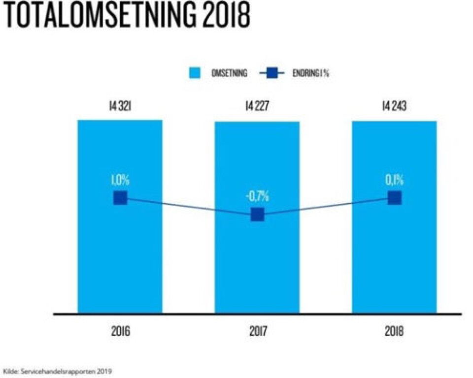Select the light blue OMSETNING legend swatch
click(x=196, y=73)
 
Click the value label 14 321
click(x=120, y=106)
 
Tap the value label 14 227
click(x=257, y=106)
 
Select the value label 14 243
click(x=394, y=106)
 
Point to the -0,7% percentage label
click(x=257, y=196)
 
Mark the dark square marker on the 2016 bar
click(x=120, y=198)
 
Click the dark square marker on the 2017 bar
click(x=257, y=215)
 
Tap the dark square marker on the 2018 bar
click(x=394, y=198)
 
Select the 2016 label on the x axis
click(x=120, y=331)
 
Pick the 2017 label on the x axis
click(x=257, y=331)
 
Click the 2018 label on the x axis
click(x=394, y=331)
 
